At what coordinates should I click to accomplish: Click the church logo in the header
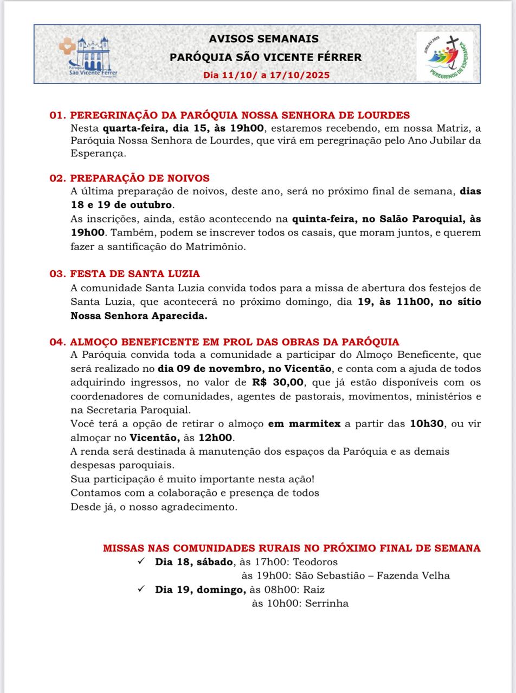pos(88,56)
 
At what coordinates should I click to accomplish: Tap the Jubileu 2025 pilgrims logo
pos(444,54)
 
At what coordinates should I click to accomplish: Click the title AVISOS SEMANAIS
pos(264,39)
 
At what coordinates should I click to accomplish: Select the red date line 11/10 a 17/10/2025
pos(266,75)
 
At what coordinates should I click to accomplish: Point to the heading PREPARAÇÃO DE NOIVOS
pos(140,178)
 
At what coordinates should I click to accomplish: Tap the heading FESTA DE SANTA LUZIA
pos(135,274)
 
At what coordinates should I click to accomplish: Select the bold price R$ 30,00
pos(278,382)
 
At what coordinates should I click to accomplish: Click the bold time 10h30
pos(427,423)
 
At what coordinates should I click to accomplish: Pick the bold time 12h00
pos(216,437)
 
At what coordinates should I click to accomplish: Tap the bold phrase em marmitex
pos(304,423)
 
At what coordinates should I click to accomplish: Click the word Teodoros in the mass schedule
pos(315,562)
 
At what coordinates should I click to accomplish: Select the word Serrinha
pos(327,603)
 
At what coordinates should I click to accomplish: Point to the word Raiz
pos(314,590)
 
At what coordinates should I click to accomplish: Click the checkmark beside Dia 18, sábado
pos(141,561)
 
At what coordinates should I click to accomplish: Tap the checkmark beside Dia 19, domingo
pos(141,589)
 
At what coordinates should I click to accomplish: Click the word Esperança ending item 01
pos(98,153)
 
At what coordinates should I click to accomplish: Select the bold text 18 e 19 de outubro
pos(122,205)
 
